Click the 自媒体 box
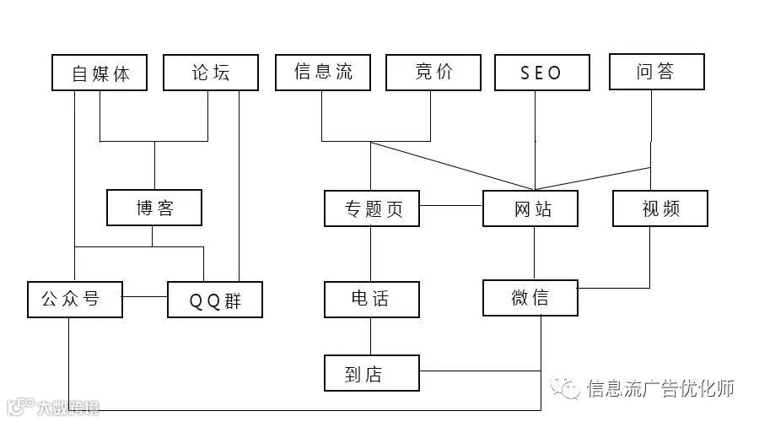(100, 73)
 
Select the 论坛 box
(209, 73)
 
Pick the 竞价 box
(433, 73)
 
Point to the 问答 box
(656, 73)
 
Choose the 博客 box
(154, 208)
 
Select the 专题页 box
(372, 208)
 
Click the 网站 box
(530, 208)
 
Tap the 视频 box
(660, 208)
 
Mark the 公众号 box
(74, 298)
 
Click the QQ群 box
(215, 300)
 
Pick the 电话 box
(372, 299)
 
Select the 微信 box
(530, 298)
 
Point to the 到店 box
(372, 372)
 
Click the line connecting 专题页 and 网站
(451, 205)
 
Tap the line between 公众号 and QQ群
(145, 296)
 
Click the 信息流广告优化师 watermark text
(659, 387)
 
